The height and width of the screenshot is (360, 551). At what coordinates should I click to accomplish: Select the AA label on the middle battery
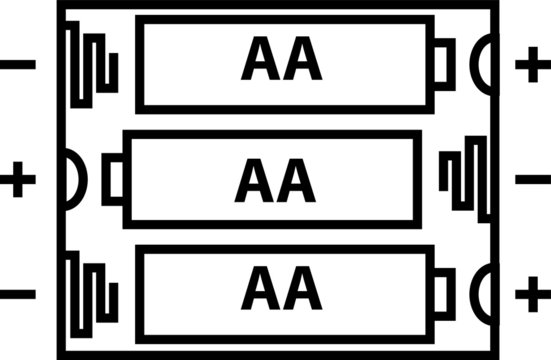point(275,180)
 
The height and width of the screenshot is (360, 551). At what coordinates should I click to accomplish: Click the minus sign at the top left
point(18,66)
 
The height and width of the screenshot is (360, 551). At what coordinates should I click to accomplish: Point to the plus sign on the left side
point(18,180)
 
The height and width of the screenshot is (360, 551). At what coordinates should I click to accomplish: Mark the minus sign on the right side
point(531,180)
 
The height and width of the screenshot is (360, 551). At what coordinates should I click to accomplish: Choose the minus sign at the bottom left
point(18,295)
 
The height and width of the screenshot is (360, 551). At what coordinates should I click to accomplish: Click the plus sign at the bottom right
point(531,295)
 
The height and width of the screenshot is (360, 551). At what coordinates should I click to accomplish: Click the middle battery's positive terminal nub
point(113,180)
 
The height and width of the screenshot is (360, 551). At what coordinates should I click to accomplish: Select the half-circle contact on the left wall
point(74,180)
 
